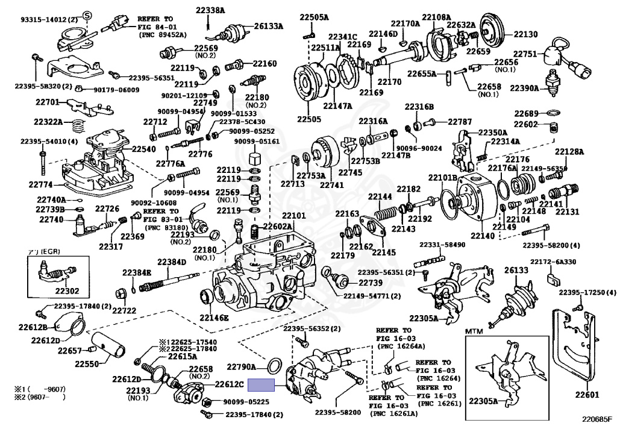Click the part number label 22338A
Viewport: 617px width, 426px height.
tap(210, 10)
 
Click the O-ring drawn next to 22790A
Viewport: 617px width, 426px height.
tap(273, 365)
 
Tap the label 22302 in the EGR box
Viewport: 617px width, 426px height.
tap(67, 290)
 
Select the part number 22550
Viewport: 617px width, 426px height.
tap(87, 364)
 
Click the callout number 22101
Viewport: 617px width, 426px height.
tap(294, 215)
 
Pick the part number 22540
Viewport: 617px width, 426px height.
tap(144, 149)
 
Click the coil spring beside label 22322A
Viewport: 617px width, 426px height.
tap(77, 125)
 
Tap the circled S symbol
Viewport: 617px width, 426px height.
tap(86, 14)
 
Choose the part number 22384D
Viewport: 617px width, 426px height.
tap(172, 262)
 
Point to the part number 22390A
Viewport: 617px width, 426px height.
tap(524, 88)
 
